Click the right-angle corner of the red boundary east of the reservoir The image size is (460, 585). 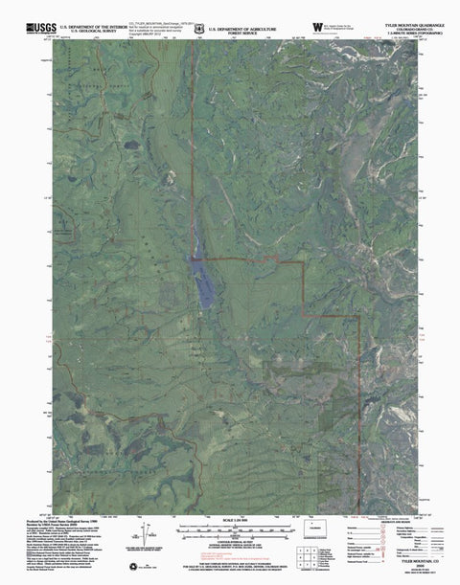click(305, 260)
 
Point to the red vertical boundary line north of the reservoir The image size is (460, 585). click(196, 144)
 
